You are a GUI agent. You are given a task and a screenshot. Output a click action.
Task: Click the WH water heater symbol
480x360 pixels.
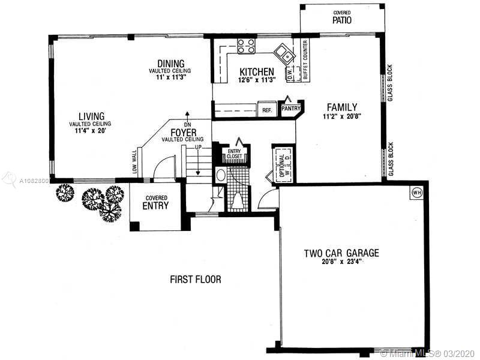pos(416,193)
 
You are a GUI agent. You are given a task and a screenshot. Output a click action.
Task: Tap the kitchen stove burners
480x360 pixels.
pos(246,46)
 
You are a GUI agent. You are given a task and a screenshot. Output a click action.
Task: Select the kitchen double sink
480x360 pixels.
pos(284,53)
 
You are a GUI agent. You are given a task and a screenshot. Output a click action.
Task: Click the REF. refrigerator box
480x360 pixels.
pos(267,109)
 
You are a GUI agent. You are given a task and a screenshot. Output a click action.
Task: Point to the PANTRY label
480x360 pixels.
pos(291,108)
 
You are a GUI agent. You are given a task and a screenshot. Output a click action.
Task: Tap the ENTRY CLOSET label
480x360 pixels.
pos(234,154)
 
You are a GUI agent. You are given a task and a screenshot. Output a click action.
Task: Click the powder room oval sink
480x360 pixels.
pos(221,175)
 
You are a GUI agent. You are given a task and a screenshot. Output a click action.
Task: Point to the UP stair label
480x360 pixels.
pos(198,147)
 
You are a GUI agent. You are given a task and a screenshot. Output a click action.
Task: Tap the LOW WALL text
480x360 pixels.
pos(134,161)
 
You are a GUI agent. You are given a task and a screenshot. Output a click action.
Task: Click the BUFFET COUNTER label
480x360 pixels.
pos(305,60)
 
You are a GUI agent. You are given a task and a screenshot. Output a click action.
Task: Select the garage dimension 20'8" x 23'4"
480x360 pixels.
pos(341,262)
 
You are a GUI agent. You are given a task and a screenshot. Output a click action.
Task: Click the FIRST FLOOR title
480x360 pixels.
pos(196,279)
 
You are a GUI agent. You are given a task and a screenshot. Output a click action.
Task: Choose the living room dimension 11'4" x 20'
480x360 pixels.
pos(91,130)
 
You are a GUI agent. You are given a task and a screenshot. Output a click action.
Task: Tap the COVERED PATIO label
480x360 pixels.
pos(342,18)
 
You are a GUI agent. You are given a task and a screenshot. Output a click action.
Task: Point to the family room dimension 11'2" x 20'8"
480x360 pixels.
pos(342,116)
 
